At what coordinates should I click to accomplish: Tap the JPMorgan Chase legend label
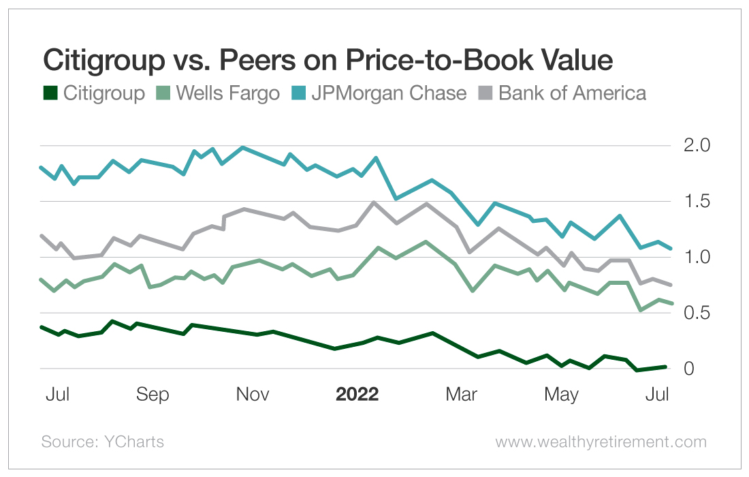pyautogui.click(x=389, y=93)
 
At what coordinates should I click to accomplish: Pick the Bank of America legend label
pyautogui.click(x=572, y=93)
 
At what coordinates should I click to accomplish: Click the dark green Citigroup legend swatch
pyautogui.click(x=50, y=93)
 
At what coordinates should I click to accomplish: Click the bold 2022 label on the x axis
pyautogui.click(x=357, y=395)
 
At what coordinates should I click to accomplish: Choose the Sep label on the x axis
pyautogui.click(x=153, y=395)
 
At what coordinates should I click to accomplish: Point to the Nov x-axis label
pyautogui.click(x=252, y=395)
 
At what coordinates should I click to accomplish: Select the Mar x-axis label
pyautogui.click(x=461, y=395)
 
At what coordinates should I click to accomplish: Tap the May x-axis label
pyautogui.click(x=562, y=395)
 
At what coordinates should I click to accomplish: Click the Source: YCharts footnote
pyautogui.click(x=102, y=442)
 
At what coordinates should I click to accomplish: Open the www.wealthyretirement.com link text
pyautogui.click(x=601, y=442)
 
